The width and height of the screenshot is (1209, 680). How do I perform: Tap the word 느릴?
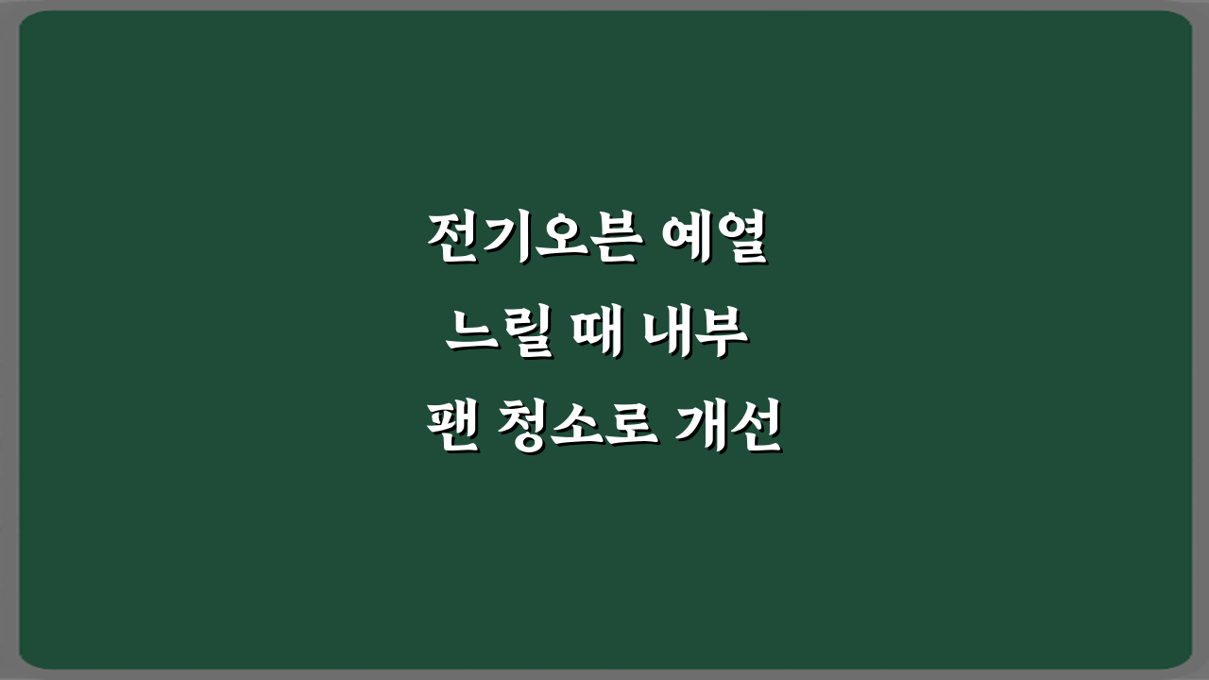(498, 336)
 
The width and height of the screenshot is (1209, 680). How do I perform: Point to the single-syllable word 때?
(595, 336)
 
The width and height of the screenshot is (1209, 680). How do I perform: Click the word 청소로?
(572, 430)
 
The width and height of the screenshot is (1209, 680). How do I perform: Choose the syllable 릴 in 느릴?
(525, 336)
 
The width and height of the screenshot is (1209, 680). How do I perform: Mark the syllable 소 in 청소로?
(572, 430)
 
